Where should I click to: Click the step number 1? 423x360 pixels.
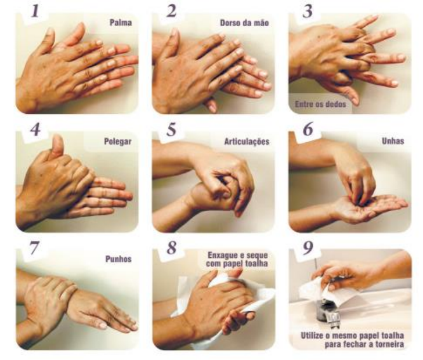[x=35, y=12]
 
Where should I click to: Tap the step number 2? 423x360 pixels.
[x=171, y=12]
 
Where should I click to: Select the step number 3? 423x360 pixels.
[x=308, y=12]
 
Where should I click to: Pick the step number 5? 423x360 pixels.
[x=171, y=129]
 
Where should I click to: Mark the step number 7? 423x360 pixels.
[x=35, y=248]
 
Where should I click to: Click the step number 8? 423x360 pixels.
[x=172, y=247]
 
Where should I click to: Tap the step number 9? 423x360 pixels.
[x=308, y=248]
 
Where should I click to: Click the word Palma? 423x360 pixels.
[x=121, y=23]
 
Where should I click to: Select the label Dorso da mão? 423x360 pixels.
[x=244, y=23]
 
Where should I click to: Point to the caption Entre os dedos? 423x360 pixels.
[x=320, y=104]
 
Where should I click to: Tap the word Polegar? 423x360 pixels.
[x=118, y=142]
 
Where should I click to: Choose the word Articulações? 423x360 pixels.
[x=247, y=142]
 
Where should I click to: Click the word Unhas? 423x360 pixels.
[x=393, y=141]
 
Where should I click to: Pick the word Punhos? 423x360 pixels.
[x=118, y=260]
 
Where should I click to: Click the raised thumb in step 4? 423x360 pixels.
[x=57, y=146]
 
